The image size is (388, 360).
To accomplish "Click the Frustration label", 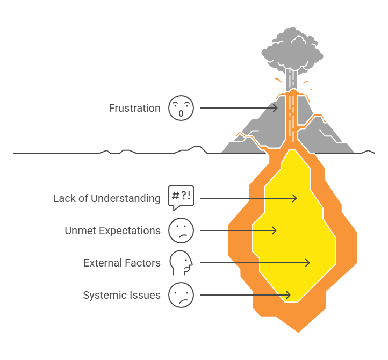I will pyautogui.click(x=134, y=108).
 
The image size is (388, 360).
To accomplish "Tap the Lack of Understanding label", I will pyautogui.click(x=106, y=198).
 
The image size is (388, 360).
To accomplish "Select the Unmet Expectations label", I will pyautogui.click(x=112, y=231).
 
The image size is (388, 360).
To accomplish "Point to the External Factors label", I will pyautogui.click(x=122, y=263).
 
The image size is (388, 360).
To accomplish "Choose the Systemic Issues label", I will pyautogui.click(x=121, y=295).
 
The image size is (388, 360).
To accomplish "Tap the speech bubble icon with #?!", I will pyautogui.click(x=181, y=197).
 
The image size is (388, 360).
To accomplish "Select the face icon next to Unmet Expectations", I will pyautogui.click(x=181, y=231).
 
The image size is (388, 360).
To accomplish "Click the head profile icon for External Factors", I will pyautogui.click(x=181, y=262).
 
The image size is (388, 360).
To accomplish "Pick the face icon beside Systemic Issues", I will pyautogui.click(x=181, y=295).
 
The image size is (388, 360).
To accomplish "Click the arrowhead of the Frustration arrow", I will pyautogui.click(x=277, y=108).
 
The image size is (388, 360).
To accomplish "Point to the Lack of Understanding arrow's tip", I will pyautogui.click(x=296, y=198).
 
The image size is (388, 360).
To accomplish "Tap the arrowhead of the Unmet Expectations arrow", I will pyautogui.click(x=275, y=231).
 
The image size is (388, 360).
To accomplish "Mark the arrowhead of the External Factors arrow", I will pyautogui.click(x=308, y=263).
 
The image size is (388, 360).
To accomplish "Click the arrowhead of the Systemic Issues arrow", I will pyautogui.click(x=289, y=295).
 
